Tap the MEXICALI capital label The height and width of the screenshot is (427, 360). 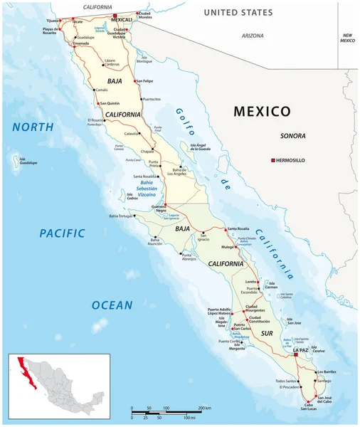click(x=116, y=19)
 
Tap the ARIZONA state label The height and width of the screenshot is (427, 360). click(x=252, y=35)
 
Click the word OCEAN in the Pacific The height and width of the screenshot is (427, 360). click(x=112, y=305)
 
